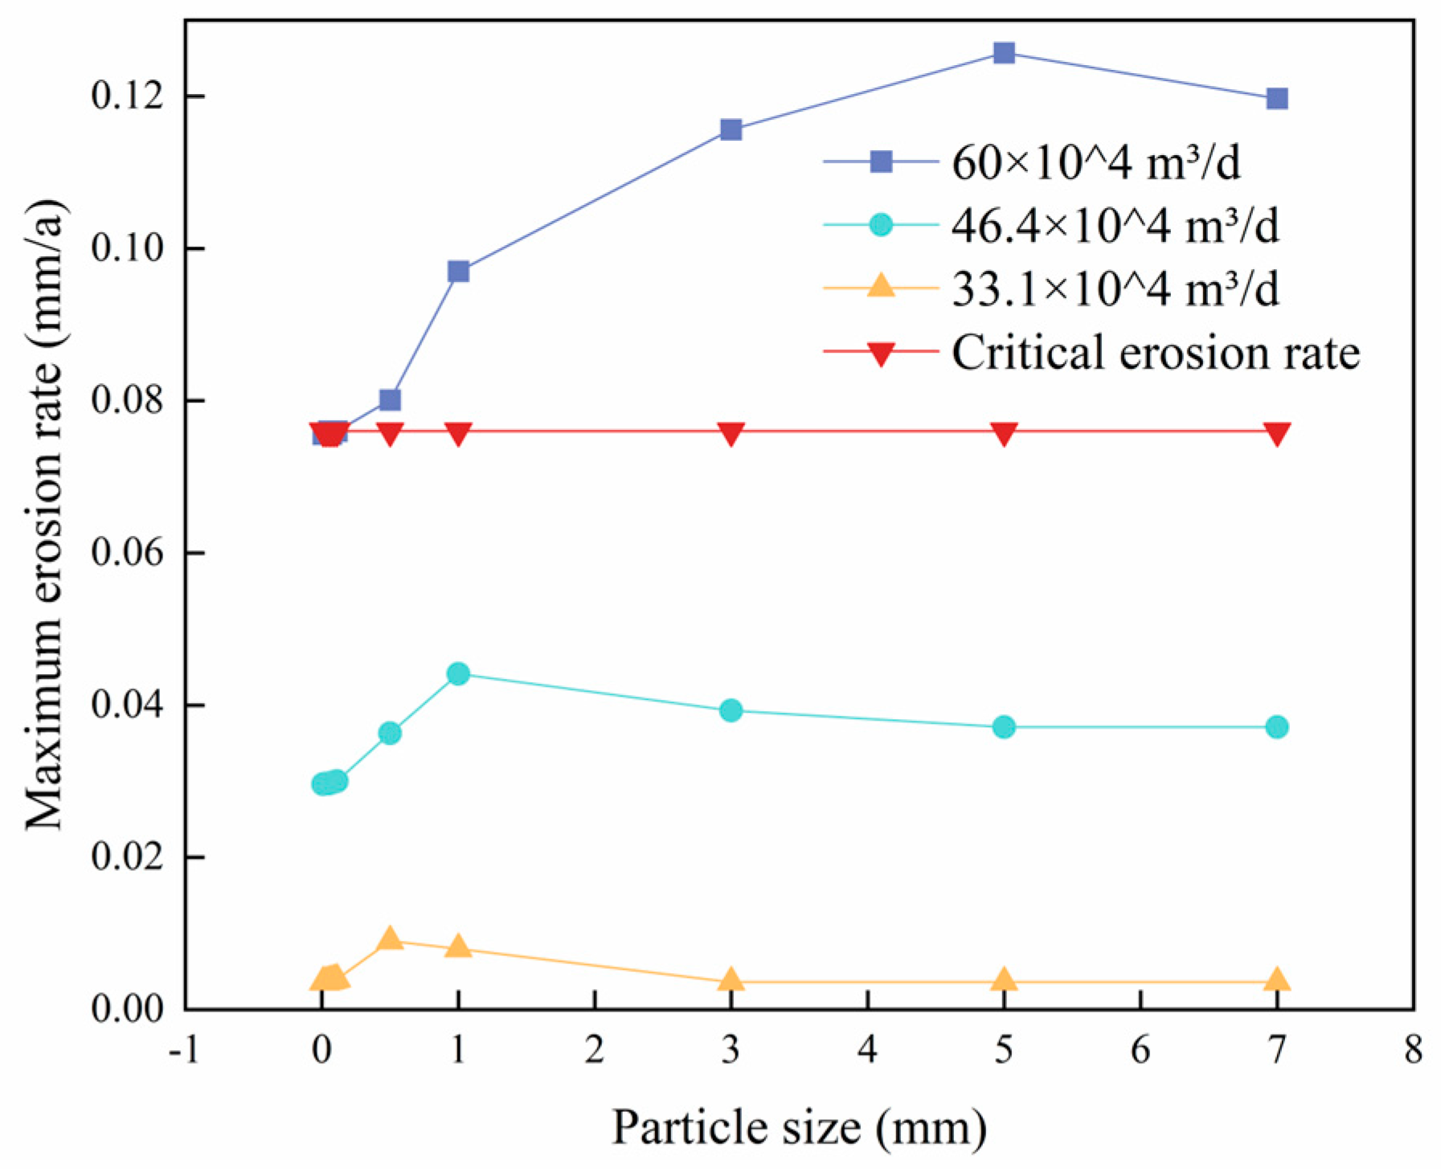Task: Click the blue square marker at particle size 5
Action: [1004, 53]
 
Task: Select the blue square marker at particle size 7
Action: [1277, 99]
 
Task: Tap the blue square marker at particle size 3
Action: [731, 129]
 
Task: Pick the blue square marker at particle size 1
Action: [458, 272]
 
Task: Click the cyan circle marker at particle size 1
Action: [458, 673]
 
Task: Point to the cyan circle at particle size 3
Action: [731, 710]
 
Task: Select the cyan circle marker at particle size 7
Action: [1277, 727]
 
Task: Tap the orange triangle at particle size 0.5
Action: [390, 938]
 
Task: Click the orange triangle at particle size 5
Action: [1004, 980]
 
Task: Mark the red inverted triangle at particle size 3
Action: [731, 434]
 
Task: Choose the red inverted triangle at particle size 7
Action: [1277, 434]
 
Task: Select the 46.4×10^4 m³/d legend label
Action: [1115, 226]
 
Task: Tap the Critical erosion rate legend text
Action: [1155, 353]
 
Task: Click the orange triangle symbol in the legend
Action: [882, 286]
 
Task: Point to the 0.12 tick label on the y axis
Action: [127, 96]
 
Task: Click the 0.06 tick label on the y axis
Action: [127, 553]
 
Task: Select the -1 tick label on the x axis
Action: [184, 1051]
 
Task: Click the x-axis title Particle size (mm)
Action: [799, 1128]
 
